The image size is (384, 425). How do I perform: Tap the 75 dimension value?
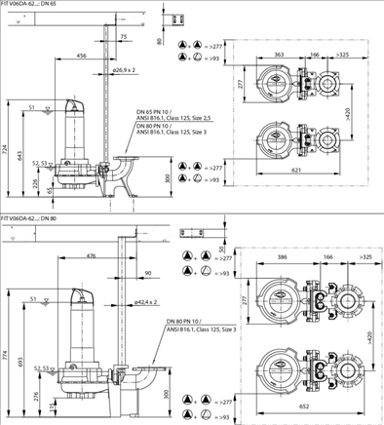tap(123, 37)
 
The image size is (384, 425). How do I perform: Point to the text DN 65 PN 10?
tap(153, 111)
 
